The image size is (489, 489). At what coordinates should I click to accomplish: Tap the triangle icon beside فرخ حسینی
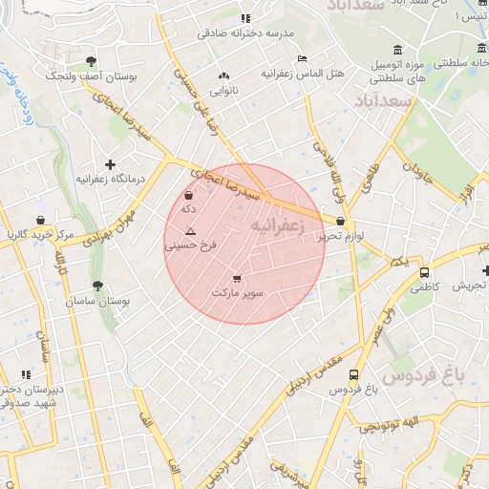coord(190,231)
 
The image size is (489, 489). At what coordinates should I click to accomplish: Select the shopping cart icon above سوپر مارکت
coord(236,279)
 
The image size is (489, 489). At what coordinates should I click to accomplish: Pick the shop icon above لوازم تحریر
coord(341,222)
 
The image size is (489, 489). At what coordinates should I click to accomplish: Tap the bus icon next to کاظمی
coord(424,273)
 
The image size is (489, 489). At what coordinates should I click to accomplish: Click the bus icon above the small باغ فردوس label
coord(354,375)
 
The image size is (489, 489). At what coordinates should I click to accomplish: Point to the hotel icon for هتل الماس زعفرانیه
coord(303,58)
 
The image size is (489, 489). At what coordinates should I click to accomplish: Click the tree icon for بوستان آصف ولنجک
coord(92,61)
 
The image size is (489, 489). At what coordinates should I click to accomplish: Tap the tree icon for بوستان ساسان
coord(97,286)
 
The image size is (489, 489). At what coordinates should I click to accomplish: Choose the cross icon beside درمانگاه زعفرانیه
coord(111,164)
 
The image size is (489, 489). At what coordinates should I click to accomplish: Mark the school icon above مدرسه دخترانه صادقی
coord(245,17)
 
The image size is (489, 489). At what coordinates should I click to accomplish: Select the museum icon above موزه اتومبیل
coord(397,50)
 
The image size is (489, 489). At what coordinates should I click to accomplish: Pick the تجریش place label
coord(471,286)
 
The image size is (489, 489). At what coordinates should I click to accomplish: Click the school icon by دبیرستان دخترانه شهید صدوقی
coord(26,373)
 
